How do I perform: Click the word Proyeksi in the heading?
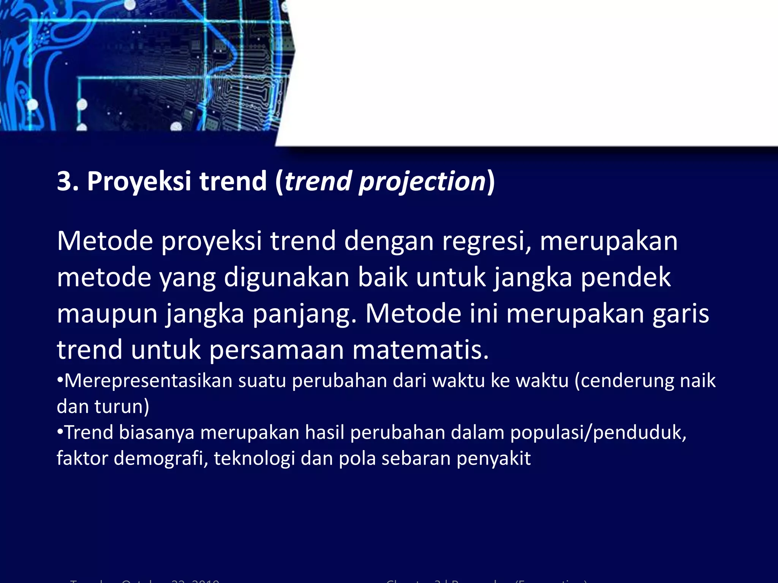click(x=139, y=181)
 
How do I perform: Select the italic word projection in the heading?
click(x=422, y=181)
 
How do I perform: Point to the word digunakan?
click(x=286, y=277)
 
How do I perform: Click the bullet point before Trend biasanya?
click(x=60, y=432)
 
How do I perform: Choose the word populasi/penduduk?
click(x=598, y=433)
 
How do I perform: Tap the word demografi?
click(x=161, y=458)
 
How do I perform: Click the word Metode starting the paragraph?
click(x=105, y=241)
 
